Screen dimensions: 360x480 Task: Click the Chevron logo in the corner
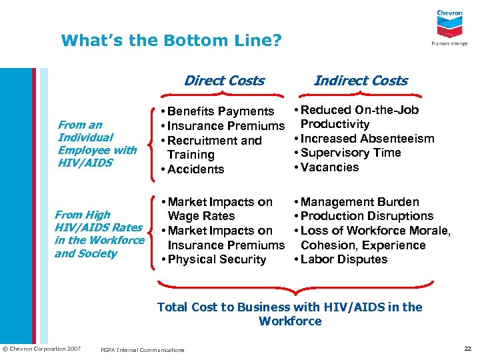pyautogui.click(x=449, y=24)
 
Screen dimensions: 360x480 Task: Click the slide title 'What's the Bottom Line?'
pyautogui.click(x=171, y=41)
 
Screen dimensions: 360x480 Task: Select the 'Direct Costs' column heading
pyautogui.click(x=224, y=81)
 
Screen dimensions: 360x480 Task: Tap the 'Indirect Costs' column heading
pyautogui.click(x=360, y=81)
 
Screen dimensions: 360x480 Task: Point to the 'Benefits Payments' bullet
pyautogui.click(x=221, y=111)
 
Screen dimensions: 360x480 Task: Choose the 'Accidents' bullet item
pyautogui.click(x=196, y=169)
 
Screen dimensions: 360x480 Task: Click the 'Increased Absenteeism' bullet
pyautogui.click(x=367, y=139)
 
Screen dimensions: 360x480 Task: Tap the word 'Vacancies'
pyautogui.click(x=329, y=167)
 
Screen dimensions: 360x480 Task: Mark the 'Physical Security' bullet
pyautogui.click(x=217, y=259)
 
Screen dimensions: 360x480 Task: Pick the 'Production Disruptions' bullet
pyautogui.click(x=367, y=216)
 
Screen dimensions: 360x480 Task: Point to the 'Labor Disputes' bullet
pyautogui.click(x=344, y=259)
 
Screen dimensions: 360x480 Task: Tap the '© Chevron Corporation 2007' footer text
pyautogui.click(x=41, y=349)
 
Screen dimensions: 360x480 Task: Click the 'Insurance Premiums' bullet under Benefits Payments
pyautogui.click(x=226, y=126)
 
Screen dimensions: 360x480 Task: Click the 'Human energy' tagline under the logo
pyautogui.click(x=449, y=43)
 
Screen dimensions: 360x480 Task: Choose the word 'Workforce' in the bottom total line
pyautogui.click(x=290, y=321)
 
